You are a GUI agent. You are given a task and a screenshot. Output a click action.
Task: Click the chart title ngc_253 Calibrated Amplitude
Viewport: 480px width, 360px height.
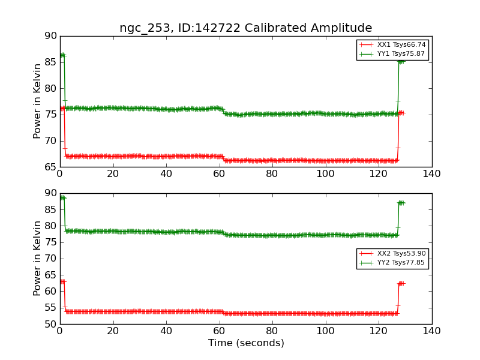(245, 28)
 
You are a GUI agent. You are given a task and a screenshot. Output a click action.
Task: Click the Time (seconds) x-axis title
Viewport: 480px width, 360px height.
(246, 343)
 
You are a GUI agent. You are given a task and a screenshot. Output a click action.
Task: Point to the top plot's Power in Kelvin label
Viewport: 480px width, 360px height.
(37, 101)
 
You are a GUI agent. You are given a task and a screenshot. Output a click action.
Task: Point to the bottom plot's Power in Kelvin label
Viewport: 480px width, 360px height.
(37, 259)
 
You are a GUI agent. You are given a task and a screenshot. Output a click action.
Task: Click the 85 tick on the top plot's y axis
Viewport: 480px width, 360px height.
(50, 62)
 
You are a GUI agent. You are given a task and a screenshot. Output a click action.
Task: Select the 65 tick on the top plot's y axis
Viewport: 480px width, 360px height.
(50, 167)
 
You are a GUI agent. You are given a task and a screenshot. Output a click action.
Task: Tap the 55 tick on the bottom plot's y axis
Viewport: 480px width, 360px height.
(50, 308)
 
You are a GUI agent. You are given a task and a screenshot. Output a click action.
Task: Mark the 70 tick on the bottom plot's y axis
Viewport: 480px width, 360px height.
(50, 259)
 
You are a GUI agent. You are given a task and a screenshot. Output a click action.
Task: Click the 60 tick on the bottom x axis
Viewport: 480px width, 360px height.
(219, 331)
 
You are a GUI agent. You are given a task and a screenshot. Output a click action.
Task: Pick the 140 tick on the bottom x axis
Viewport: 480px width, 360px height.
(431, 331)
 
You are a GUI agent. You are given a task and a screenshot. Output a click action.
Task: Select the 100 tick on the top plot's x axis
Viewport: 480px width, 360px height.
(325, 174)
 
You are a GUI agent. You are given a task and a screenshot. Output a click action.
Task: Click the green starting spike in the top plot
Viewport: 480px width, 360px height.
(62, 55)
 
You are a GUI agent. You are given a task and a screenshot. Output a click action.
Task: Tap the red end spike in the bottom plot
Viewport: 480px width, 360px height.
(400, 283)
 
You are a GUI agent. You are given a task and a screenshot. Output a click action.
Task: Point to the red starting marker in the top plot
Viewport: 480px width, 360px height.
(62, 109)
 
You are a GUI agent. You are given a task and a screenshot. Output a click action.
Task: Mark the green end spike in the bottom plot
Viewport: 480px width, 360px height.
(400, 203)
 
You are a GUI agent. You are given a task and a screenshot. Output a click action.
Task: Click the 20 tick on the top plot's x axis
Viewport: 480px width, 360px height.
(113, 174)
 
